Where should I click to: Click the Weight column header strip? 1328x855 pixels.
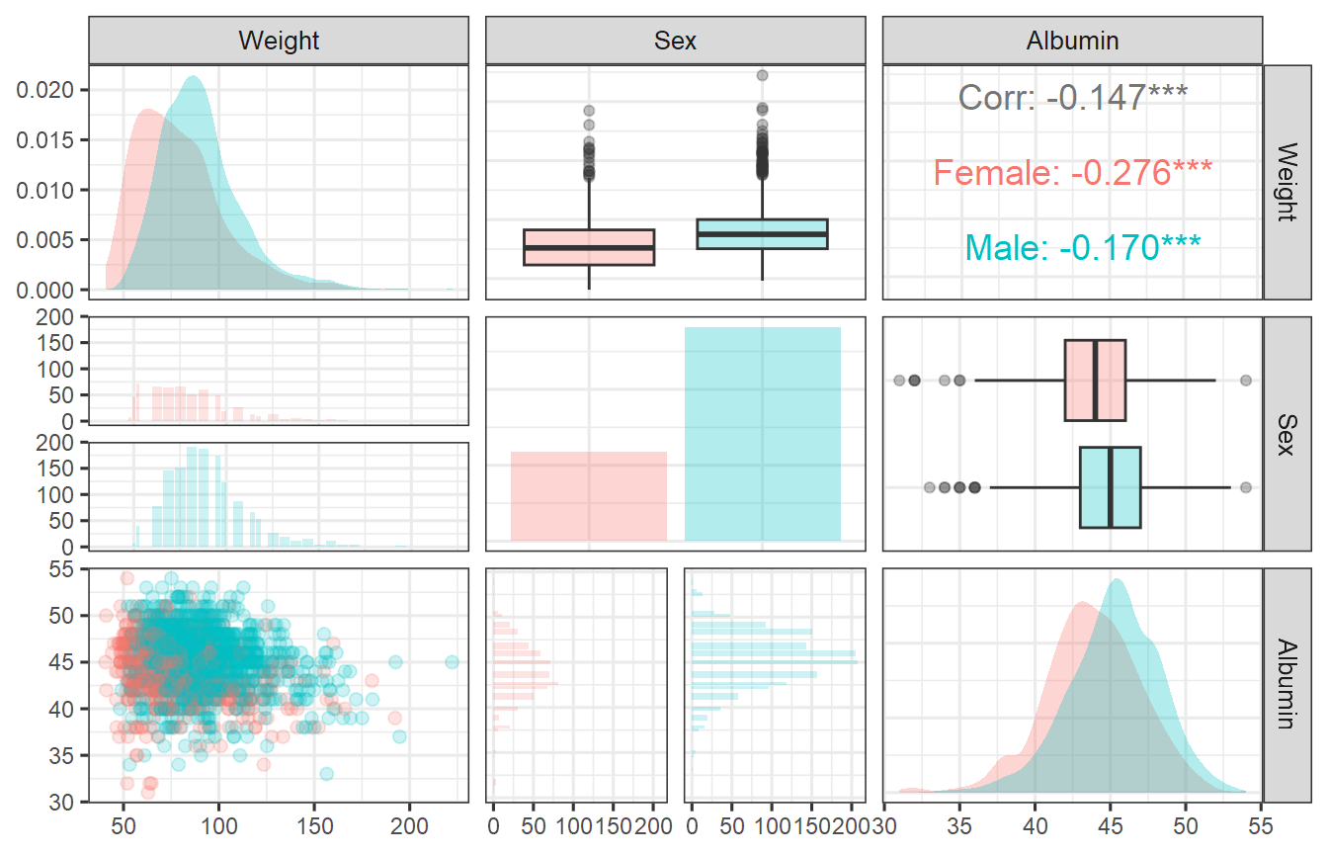tap(279, 41)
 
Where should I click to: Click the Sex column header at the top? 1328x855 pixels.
tap(675, 41)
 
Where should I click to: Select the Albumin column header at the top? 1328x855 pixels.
tap(1072, 41)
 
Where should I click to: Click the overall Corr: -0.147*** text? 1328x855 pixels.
tap(1072, 97)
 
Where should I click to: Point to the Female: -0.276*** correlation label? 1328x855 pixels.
tap(1072, 173)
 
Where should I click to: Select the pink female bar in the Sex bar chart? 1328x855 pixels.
tap(589, 496)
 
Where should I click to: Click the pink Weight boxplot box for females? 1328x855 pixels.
tap(589, 247)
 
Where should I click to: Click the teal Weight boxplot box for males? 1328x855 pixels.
tap(762, 233)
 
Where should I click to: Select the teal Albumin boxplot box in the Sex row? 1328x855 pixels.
tap(1110, 487)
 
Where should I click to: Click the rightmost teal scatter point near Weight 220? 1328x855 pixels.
tap(452, 662)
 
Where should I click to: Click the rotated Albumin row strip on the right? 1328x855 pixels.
tap(1286, 684)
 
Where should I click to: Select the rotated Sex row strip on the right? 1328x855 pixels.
tap(1286, 433)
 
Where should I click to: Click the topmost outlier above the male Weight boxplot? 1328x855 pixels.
tap(762, 75)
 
